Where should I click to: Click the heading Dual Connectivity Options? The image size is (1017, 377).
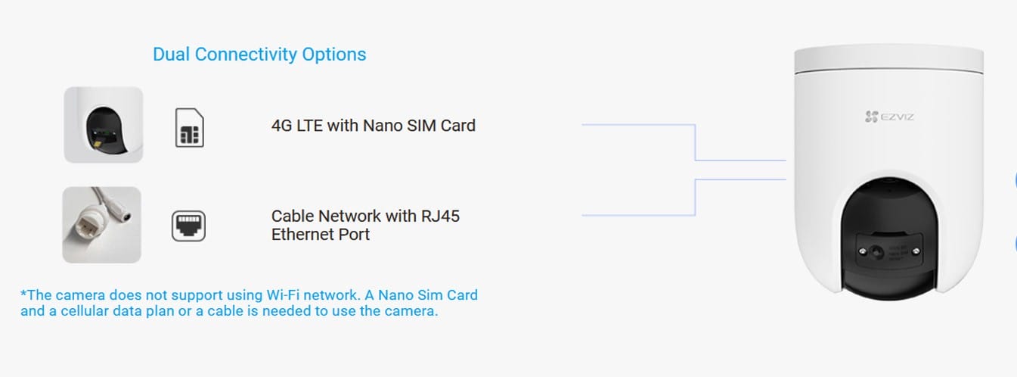point(259,55)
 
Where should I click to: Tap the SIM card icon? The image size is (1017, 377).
point(189,127)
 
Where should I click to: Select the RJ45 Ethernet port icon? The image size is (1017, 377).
point(188,226)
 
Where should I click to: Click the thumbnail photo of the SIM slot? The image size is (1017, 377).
point(104,124)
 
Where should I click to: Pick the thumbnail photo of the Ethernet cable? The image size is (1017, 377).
point(101,225)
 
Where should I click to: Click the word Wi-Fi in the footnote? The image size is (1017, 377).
point(284,294)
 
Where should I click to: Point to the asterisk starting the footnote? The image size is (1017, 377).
point(23,294)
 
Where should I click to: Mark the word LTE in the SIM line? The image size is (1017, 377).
point(309,125)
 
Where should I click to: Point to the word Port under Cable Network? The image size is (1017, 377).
point(354,235)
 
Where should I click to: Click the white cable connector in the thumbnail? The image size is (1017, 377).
point(86,225)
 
